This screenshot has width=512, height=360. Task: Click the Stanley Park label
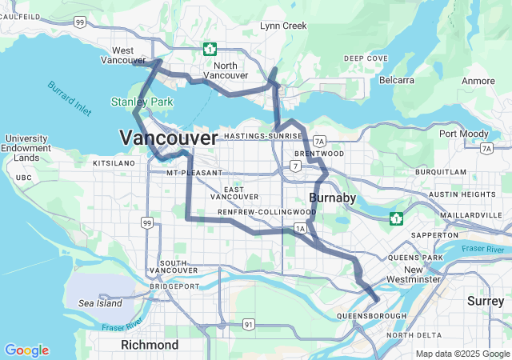point(141,102)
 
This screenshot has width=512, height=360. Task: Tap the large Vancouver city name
point(168,138)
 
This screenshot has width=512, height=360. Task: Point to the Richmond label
point(150,345)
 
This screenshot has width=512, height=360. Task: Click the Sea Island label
point(100,303)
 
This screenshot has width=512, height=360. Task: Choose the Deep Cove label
point(366,58)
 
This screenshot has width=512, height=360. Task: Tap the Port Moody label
point(463,134)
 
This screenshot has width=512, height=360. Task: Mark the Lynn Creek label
point(283,26)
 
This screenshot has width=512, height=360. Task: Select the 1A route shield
point(301,229)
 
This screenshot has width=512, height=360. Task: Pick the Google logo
point(26,350)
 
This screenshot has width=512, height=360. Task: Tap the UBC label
point(24,178)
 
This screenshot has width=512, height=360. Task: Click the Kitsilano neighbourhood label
point(115,162)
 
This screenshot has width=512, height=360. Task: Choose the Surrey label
point(486,301)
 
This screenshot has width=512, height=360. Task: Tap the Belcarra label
point(397,81)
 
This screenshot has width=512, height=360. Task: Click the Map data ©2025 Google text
point(462,354)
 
